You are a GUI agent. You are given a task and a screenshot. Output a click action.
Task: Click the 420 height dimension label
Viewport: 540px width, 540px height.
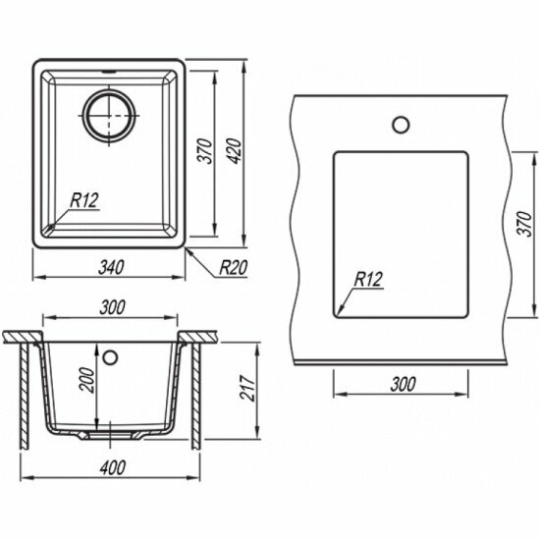[235, 151]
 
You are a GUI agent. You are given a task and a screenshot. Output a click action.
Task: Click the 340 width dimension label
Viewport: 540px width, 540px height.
[111, 268]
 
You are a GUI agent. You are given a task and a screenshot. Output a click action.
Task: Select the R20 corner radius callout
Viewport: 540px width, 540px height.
[234, 268]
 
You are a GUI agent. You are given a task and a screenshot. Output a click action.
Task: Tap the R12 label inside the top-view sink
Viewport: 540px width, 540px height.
[84, 200]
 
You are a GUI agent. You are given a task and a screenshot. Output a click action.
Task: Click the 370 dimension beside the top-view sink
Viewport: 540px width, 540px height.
[206, 151]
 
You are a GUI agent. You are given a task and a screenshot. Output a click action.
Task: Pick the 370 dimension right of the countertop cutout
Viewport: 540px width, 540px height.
[525, 224]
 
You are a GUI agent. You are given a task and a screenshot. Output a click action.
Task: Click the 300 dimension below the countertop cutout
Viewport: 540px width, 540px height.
[403, 384]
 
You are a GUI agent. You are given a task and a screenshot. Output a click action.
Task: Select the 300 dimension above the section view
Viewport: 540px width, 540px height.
[112, 307]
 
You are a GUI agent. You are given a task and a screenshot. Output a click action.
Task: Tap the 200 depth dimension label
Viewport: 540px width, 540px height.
[86, 380]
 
